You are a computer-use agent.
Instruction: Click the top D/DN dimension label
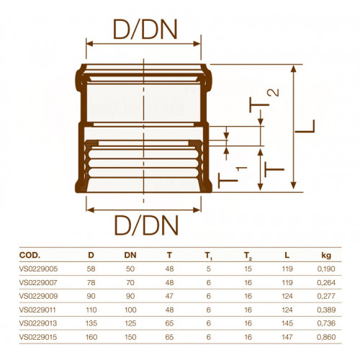pos(145,29)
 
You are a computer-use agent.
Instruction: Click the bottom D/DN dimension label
pos(146,225)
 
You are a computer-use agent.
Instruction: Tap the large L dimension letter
pos(305,126)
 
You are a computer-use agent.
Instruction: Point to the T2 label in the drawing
pos(264,101)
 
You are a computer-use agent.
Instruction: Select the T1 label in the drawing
pos(233,177)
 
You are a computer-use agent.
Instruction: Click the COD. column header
pos(30,255)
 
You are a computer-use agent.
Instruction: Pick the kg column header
pos(326,256)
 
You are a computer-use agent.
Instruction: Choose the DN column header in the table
pos(130,255)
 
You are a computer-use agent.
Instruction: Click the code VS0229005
pos(38,269)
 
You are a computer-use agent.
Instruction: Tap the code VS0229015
pos(38,337)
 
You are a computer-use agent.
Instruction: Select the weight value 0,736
pos(326,323)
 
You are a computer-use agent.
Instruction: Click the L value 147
pos(287,337)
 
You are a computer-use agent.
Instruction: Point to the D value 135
pos(91,323)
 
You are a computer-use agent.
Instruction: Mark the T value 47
pos(169,296)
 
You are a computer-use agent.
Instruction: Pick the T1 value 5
pos(209,269)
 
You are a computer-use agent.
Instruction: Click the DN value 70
pos(130,282)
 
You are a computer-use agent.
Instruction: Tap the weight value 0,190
pos(326,269)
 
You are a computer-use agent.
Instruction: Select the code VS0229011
pos(37,310)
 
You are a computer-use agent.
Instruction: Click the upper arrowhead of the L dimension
pos(293,68)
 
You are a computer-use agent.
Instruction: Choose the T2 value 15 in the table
pos(248,269)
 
